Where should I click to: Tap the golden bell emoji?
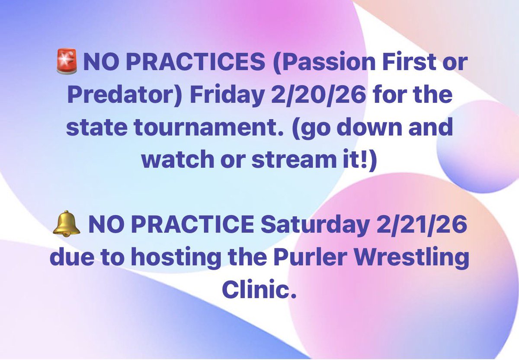(66, 226)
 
